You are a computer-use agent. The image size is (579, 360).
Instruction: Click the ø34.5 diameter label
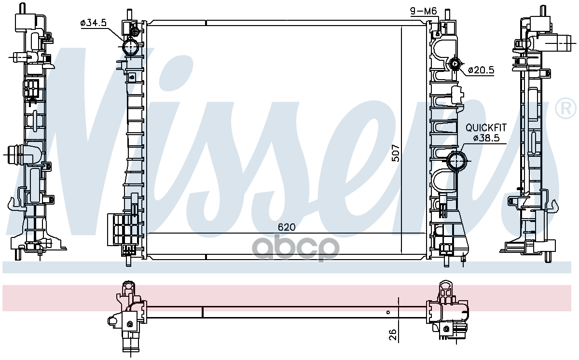93,23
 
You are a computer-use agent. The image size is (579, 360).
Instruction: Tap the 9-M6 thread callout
423,11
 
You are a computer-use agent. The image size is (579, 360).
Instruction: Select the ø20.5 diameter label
481,70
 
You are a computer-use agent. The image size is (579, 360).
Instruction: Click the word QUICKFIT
486,128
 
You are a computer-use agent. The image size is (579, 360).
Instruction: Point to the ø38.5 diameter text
486,138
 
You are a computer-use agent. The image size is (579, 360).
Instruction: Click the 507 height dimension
396,153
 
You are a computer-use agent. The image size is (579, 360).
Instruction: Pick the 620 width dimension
287,227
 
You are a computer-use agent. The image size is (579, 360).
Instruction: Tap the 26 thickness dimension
393,335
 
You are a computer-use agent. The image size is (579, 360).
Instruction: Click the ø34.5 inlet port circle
130,46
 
